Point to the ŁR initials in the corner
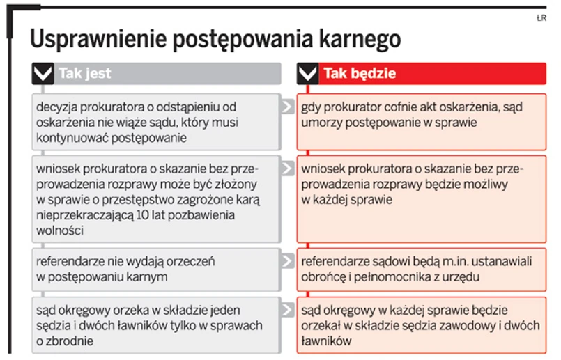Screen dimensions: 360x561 tap(541, 18)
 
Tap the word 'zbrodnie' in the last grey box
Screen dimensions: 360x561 tap(71, 341)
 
